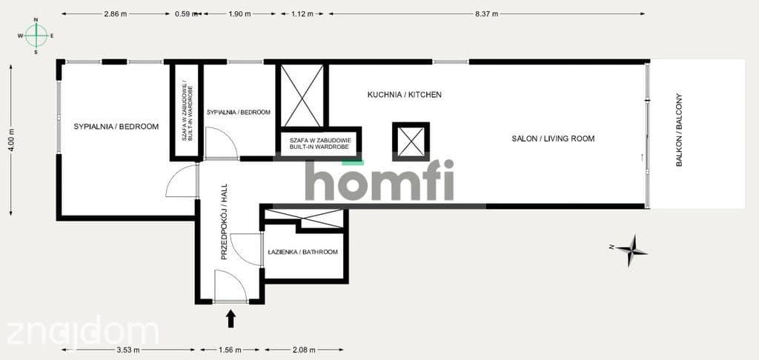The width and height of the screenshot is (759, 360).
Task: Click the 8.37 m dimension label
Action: click(x=486, y=14)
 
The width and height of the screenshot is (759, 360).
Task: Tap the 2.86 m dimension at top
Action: click(x=115, y=14)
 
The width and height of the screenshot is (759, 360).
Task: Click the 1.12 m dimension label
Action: click(x=302, y=14)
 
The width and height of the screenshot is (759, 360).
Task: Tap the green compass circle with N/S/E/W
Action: click(x=36, y=36)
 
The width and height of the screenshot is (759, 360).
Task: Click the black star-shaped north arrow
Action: click(x=629, y=250)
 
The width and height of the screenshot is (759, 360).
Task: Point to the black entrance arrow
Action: click(x=231, y=319)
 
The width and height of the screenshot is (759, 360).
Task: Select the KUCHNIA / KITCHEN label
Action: click(x=404, y=95)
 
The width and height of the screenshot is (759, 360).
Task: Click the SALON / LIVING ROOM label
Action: click(x=553, y=139)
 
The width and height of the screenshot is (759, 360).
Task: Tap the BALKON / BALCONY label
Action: click(x=679, y=130)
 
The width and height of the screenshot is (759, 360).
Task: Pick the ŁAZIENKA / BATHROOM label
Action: click(x=302, y=252)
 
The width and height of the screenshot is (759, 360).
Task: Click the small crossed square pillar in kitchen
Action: click(x=411, y=141)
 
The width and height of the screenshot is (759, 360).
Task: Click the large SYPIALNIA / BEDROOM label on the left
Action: click(x=116, y=127)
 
